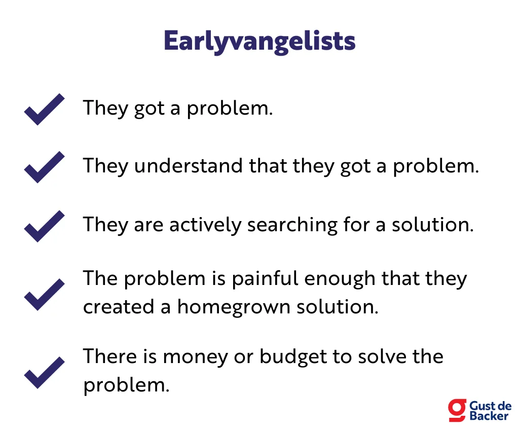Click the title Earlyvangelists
point(259,42)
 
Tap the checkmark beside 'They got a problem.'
point(45,110)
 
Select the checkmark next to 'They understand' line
point(45,167)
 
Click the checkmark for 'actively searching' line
point(45,226)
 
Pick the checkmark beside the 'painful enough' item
point(45,295)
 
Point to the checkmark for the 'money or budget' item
point(45,373)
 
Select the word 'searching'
point(292,226)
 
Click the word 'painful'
point(265,279)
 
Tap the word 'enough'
point(340,279)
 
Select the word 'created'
point(119,307)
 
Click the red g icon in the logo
point(457,410)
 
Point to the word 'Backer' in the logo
point(489,416)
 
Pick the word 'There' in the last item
point(110,357)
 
